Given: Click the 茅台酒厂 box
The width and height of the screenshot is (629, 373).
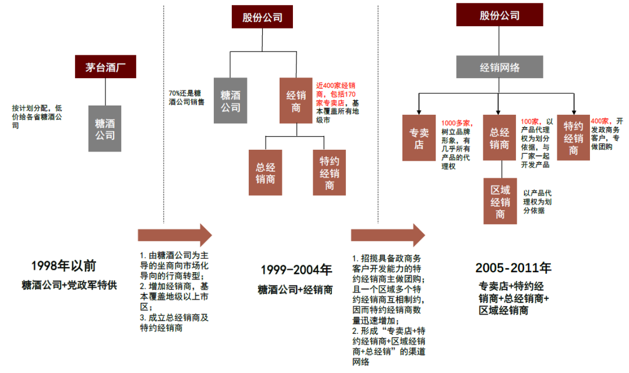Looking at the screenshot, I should pos(105,66).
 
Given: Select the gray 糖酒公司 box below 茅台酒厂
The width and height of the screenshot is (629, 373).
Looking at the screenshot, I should pos(105,128).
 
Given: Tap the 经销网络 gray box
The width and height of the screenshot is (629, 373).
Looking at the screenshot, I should pos(499,67).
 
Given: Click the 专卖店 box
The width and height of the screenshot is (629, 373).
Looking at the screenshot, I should pos(419,138).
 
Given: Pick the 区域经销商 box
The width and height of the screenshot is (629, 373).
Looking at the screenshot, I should pos(500,201).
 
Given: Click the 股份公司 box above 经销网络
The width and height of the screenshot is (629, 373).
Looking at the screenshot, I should pos(499,15).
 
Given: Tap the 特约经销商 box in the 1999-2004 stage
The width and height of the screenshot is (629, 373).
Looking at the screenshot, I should pos(329,172).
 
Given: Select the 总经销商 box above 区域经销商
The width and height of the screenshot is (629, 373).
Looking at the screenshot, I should pos(500,138).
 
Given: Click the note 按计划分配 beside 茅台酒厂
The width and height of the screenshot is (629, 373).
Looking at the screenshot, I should pos(36,116).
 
